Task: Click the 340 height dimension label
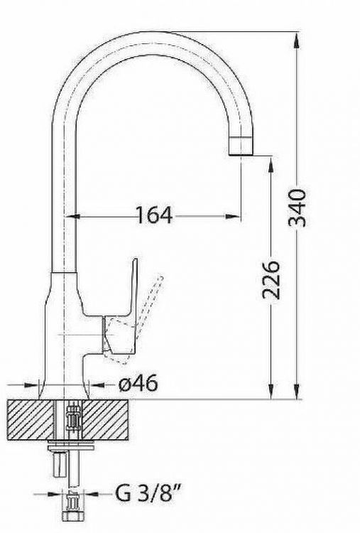tap(297, 208)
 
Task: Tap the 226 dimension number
tap(271, 280)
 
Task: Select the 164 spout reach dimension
tap(154, 215)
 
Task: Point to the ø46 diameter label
tap(138, 384)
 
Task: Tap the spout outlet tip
tap(241, 146)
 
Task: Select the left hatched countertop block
tap(31, 420)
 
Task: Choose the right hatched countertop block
tap(105, 420)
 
